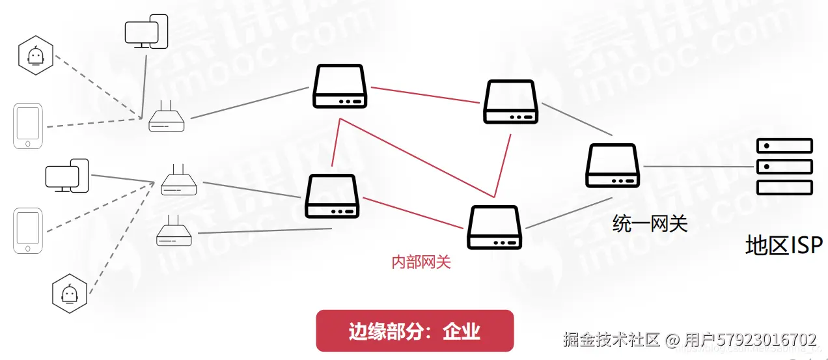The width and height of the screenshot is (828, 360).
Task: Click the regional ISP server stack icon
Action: (784, 167)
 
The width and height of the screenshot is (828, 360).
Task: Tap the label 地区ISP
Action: (784, 245)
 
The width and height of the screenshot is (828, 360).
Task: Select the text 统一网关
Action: (650, 224)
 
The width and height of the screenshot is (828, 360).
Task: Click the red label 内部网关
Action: (421, 262)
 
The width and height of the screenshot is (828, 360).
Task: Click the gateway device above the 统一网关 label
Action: (613, 165)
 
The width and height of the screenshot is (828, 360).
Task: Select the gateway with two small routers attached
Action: (333, 196)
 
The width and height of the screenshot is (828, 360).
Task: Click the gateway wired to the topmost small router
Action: (340, 86)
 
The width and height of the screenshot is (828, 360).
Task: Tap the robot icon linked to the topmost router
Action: (35, 55)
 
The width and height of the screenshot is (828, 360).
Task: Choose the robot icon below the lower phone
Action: (70, 294)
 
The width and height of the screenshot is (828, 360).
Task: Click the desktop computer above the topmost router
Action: (146, 31)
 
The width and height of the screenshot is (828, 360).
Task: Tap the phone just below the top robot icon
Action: (28, 126)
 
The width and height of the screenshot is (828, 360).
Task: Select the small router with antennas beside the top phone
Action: (167, 119)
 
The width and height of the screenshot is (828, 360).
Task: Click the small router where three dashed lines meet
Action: (178, 182)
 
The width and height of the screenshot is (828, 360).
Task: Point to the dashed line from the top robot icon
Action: (98, 87)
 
